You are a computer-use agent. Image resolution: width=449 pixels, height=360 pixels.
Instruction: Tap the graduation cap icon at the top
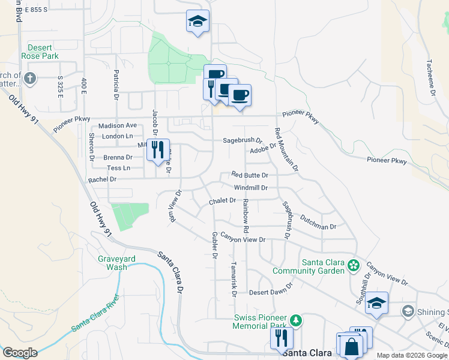pyautogui.click(x=197, y=22)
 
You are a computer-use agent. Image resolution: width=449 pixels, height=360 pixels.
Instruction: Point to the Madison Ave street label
pyautogui.click(x=118, y=125)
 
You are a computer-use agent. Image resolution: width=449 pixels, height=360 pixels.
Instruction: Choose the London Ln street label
pyautogui.click(x=117, y=136)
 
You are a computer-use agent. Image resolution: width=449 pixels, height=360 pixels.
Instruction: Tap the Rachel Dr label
pyautogui.click(x=102, y=179)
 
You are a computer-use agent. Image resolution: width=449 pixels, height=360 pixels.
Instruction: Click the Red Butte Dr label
pyautogui.click(x=249, y=175)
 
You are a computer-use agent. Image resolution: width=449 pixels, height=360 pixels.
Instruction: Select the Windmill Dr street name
pyautogui.click(x=250, y=188)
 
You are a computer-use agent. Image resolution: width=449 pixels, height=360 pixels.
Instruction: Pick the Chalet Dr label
pyautogui.click(x=222, y=201)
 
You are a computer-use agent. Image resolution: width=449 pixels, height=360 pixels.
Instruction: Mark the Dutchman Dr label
pyautogui.click(x=319, y=223)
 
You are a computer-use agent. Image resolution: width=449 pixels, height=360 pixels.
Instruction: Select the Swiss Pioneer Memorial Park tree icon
pyautogui.click(x=295, y=319)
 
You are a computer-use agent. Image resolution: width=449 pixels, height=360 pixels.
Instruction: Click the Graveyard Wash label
pyautogui.click(x=116, y=263)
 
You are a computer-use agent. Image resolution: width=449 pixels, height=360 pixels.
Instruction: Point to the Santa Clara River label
pyautogui.click(x=96, y=313)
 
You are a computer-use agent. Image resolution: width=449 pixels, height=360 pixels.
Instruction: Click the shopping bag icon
pyautogui.click(x=351, y=346)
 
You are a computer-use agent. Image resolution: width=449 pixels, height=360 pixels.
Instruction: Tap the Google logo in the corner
pyautogui.click(x=20, y=353)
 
